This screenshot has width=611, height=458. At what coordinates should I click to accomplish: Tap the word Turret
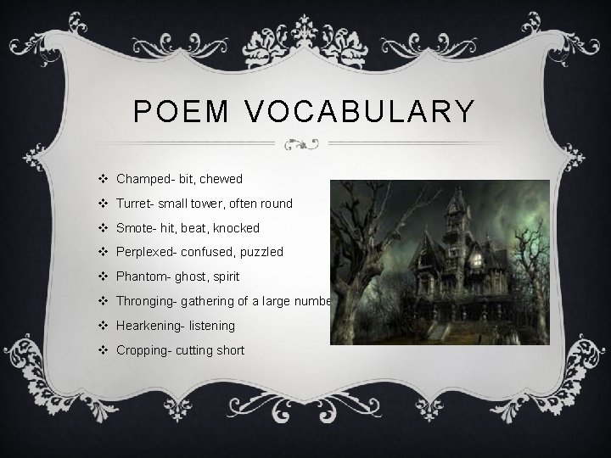click(x=132, y=204)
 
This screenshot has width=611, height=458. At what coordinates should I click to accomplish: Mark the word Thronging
click(x=145, y=301)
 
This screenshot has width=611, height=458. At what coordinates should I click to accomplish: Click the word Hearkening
click(x=148, y=326)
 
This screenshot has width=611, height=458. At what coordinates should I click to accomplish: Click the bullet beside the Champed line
click(x=102, y=179)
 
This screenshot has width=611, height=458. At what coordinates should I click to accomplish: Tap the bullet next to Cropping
click(x=102, y=349)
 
